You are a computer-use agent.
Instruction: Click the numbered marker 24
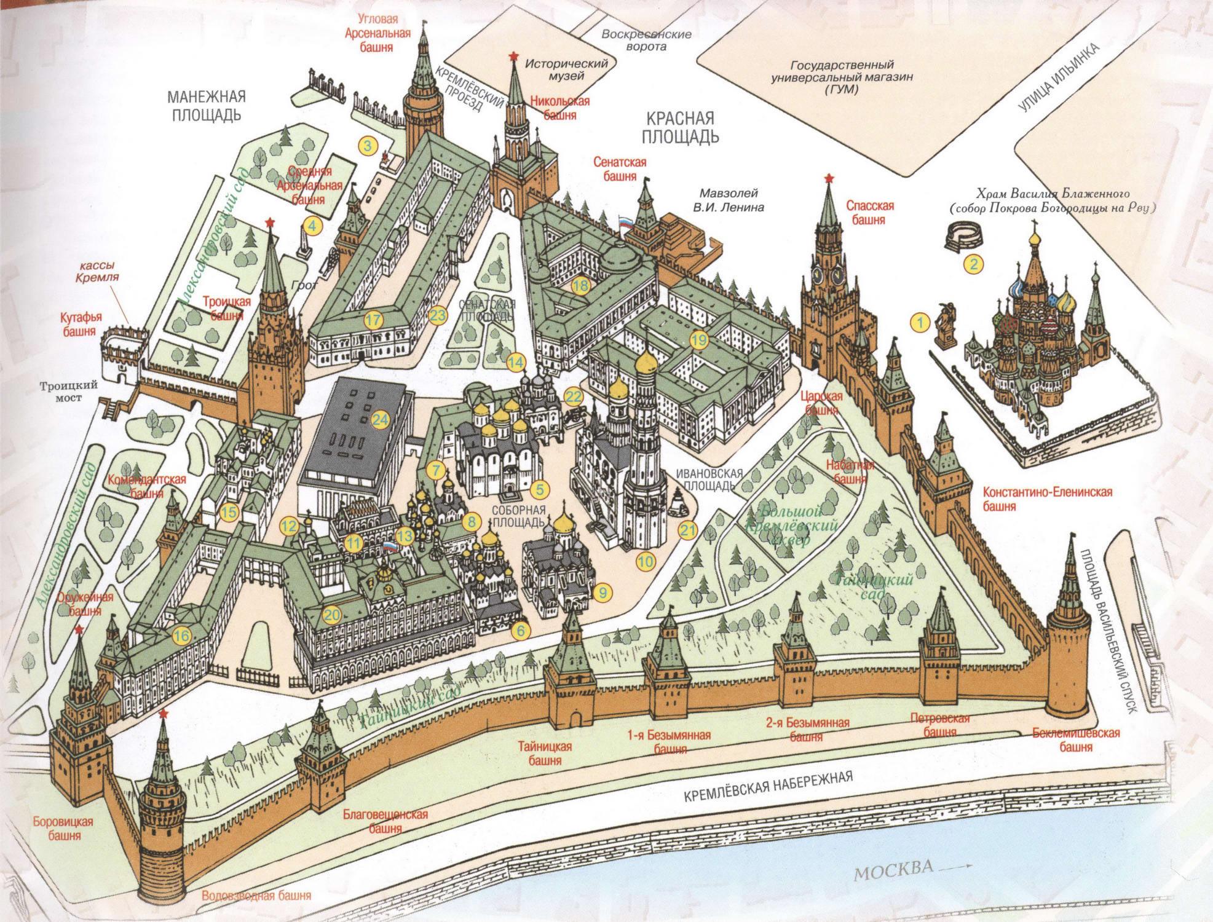pos(380,420)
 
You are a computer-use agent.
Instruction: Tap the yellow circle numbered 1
pos(920,321)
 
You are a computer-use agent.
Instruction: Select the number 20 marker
pos(331,614)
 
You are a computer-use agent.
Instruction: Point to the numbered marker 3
pos(368,146)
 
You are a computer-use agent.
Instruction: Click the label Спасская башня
pos(869,212)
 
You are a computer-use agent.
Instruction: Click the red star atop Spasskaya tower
pos(828,179)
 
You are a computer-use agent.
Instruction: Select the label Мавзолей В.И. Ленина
pos(728,200)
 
